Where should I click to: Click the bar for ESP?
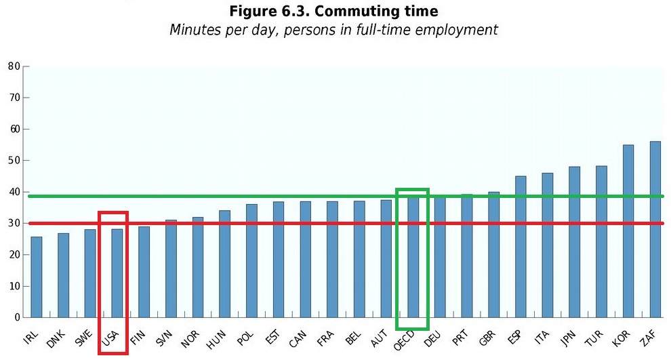(521, 247)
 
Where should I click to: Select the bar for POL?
(251, 261)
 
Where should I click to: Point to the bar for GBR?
(493, 254)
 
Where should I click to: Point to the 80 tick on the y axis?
(14, 66)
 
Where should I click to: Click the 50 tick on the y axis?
(14, 161)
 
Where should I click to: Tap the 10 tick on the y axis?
(14, 286)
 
